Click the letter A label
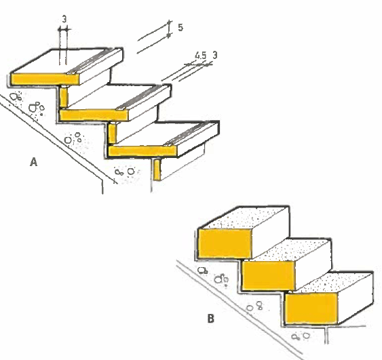pyautogui.click(x=34, y=162)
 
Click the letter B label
pyautogui.click(x=211, y=319)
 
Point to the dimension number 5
pyautogui.click(x=180, y=27)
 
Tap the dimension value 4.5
pyautogui.click(x=201, y=56)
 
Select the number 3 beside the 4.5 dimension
pyautogui.click(x=214, y=55)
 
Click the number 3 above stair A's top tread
pyautogui.click(x=64, y=19)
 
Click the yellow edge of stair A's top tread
pyautogui.click(x=45, y=79)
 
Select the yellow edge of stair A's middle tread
pyautogui.click(x=94, y=115)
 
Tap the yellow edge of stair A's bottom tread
pyautogui.click(x=142, y=151)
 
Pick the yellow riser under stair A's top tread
pyautogui.click(x=64, y=98)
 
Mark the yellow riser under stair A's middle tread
pyautogui.click(x=113, y=134)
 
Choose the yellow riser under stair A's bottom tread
pyautogui.click(x=157, y=169)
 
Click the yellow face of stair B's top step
pyautogui.click(x=225, y=243)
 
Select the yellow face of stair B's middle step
pyautogui.click(x=269, y=275)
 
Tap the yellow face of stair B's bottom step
pyautogui.click(x=311, y=308)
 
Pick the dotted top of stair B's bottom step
pyautogui.click(x=335, y=282)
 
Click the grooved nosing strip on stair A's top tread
pyautogui.click(x=94, y=61)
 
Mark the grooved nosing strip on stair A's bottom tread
pyautogui.click(x=191, y=134)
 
